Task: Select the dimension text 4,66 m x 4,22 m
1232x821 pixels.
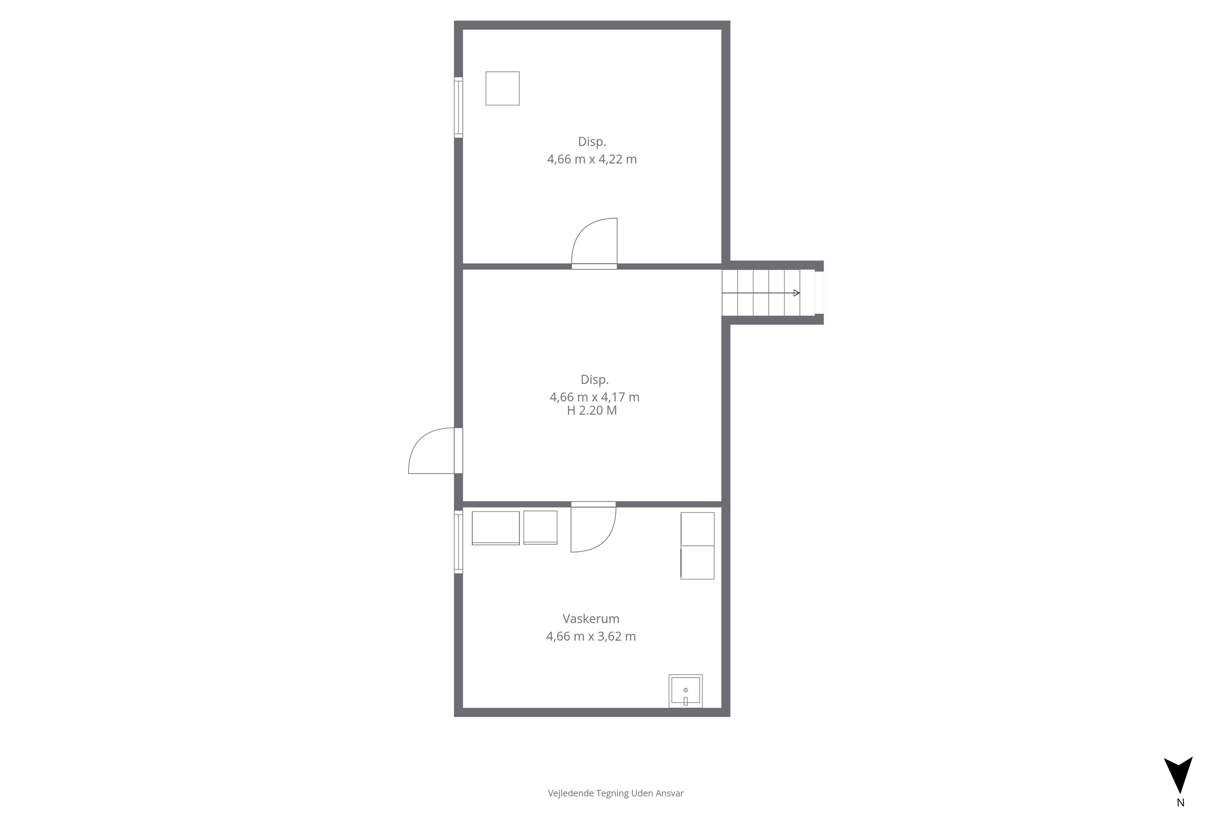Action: [592, 159]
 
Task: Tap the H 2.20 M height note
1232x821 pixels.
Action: [592, 410]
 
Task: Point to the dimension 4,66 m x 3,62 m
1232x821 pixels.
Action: [591, 636]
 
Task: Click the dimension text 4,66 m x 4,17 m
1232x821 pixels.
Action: [595, 397]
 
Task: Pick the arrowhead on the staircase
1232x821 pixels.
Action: [797, 293]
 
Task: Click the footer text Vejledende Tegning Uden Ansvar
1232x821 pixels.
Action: [616, 793]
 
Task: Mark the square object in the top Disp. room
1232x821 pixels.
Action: [502, 89]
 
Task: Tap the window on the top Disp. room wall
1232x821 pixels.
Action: [458, 107]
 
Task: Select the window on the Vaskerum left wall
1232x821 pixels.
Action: [458, 542]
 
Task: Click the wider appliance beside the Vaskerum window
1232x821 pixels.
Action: [496, 528]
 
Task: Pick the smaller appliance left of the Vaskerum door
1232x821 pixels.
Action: [540, 527]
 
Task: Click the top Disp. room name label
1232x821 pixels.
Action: [592, 141]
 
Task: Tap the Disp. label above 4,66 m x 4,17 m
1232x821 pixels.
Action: [595, 380]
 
